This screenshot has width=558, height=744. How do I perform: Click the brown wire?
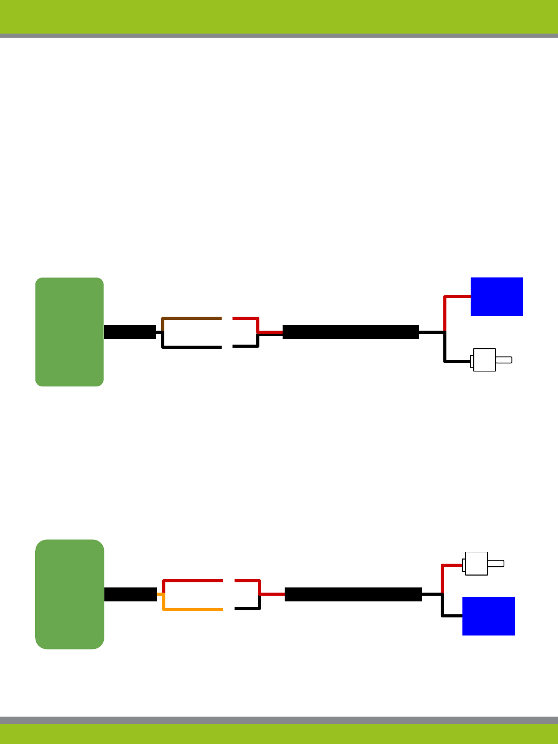(x=191, y=318)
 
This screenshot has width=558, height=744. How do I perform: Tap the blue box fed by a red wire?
(x=497, y=297)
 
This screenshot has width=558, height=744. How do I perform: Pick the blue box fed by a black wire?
(x=488, y=616)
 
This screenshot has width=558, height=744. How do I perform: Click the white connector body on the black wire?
(x=485, y=360)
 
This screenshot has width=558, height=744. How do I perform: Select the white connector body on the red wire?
(x=476, y=564)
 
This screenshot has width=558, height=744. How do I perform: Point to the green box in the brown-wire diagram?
(x=69, y=332)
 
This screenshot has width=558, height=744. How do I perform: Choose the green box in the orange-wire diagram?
(x=69, y=594)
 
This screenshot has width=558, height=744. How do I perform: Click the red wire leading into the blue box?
(x=457, y=297)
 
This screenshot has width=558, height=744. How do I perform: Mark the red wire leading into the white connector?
(x=451, y=566)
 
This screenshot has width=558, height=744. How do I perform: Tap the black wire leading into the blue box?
(x=451, y=615)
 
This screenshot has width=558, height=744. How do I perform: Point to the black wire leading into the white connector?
(x=457, y=361)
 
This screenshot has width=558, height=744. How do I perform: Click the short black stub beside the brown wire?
(x=130, y=332)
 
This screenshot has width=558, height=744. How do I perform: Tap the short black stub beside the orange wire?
(x=131, y=594)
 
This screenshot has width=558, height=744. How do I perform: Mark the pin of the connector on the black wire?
(x=504, y=360)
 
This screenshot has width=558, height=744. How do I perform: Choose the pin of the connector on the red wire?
(x=495, y=564)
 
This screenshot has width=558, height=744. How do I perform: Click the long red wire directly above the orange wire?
(x=193, y=581)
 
